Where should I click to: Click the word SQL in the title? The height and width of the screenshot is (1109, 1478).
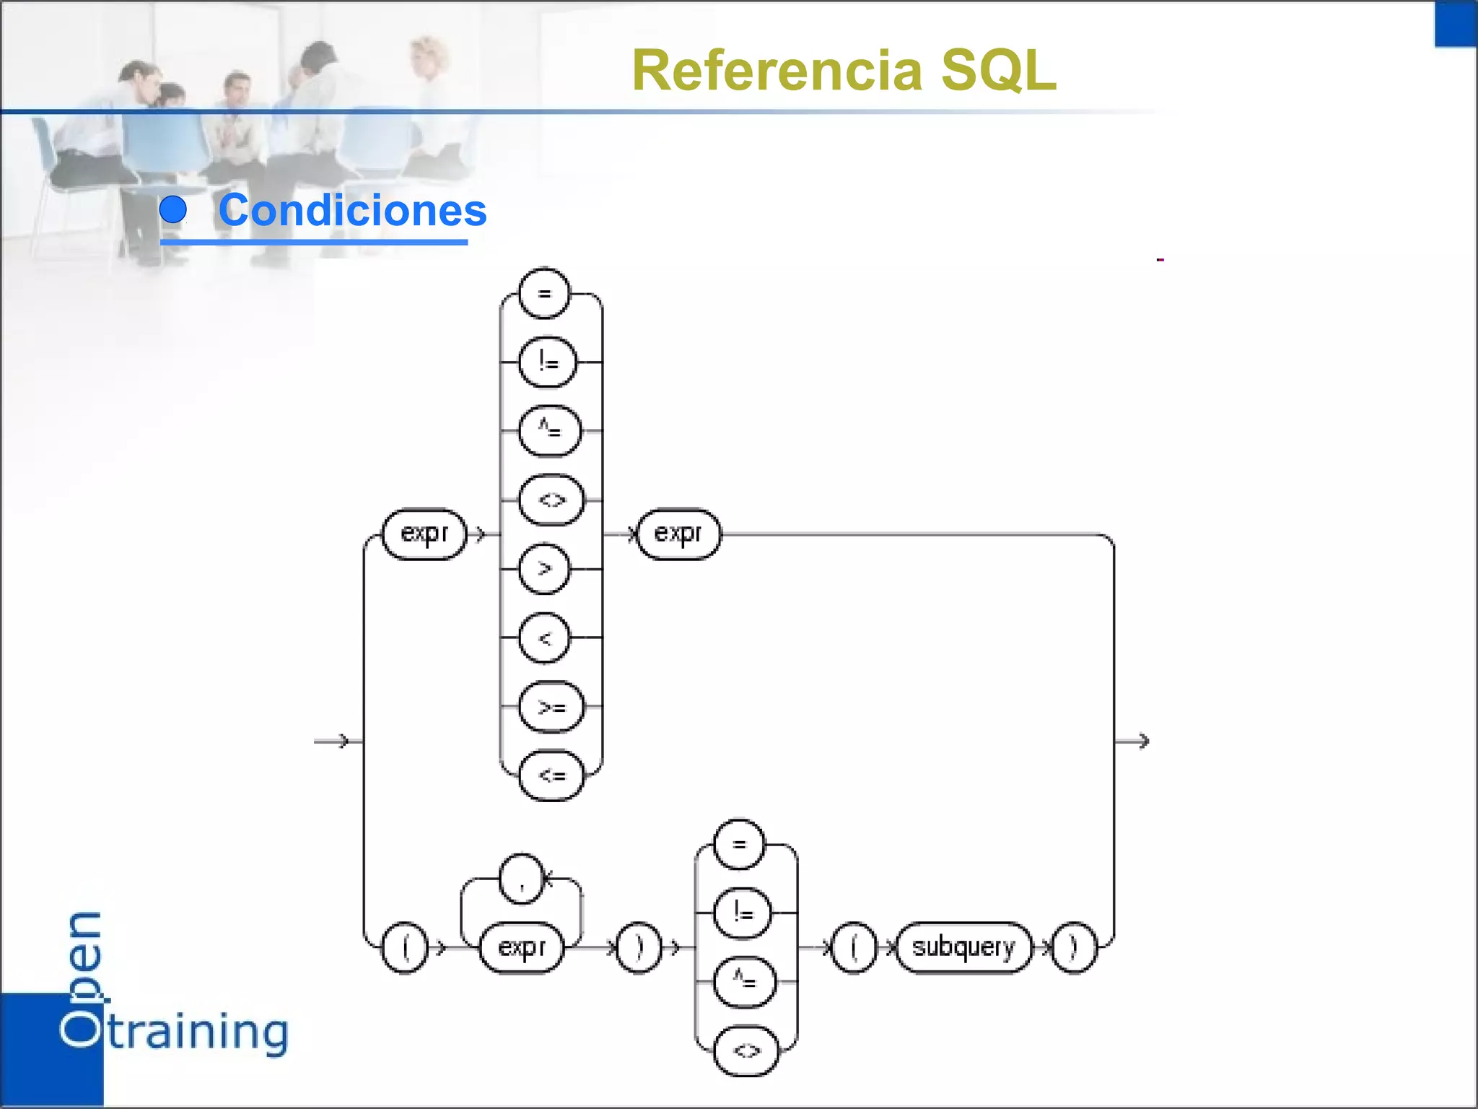pyautogui.click(x=999, y=71)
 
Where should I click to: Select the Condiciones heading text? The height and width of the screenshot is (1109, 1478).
pyautogui.click(x=352, y=210)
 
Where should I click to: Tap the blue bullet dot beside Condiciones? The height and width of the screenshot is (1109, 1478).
pyautogui.click(x=173, y=209)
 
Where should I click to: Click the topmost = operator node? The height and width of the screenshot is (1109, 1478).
pyautogui.click(x=544, y=293)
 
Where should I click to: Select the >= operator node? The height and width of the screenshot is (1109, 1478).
pyautogui.click(x=551, y=707)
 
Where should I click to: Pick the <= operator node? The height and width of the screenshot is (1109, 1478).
pyautogui.click(x=551, y=775)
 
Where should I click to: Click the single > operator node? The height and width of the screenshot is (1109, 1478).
pyautogui.click(x=544, y=569)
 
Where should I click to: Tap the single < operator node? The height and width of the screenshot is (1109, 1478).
pyautogui.click(x=544, y=638)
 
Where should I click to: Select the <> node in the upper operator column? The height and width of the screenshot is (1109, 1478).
pyautogui.click(x=551, y=500)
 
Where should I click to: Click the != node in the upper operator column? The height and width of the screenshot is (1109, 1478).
pyautogui.click(x=548, y=362)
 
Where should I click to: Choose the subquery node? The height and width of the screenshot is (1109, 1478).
pyautogui.click(x=963, y=947)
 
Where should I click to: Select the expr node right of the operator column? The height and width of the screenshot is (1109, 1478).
pyautogui.click(x=678, y=534)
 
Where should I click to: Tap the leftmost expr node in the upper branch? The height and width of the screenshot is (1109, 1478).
pyautogui.click(x=424, y=534)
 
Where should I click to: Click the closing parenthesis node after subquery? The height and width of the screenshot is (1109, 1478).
pyautogui.click(x=1073, y=947)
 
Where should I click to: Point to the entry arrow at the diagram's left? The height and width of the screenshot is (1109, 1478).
pyautogui.click(x=332, y=741)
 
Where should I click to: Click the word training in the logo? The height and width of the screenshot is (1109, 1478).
pyautogui.click(x=198, y=1032)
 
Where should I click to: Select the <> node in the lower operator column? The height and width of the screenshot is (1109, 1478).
pyautogui.click(x=746, y=1051)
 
